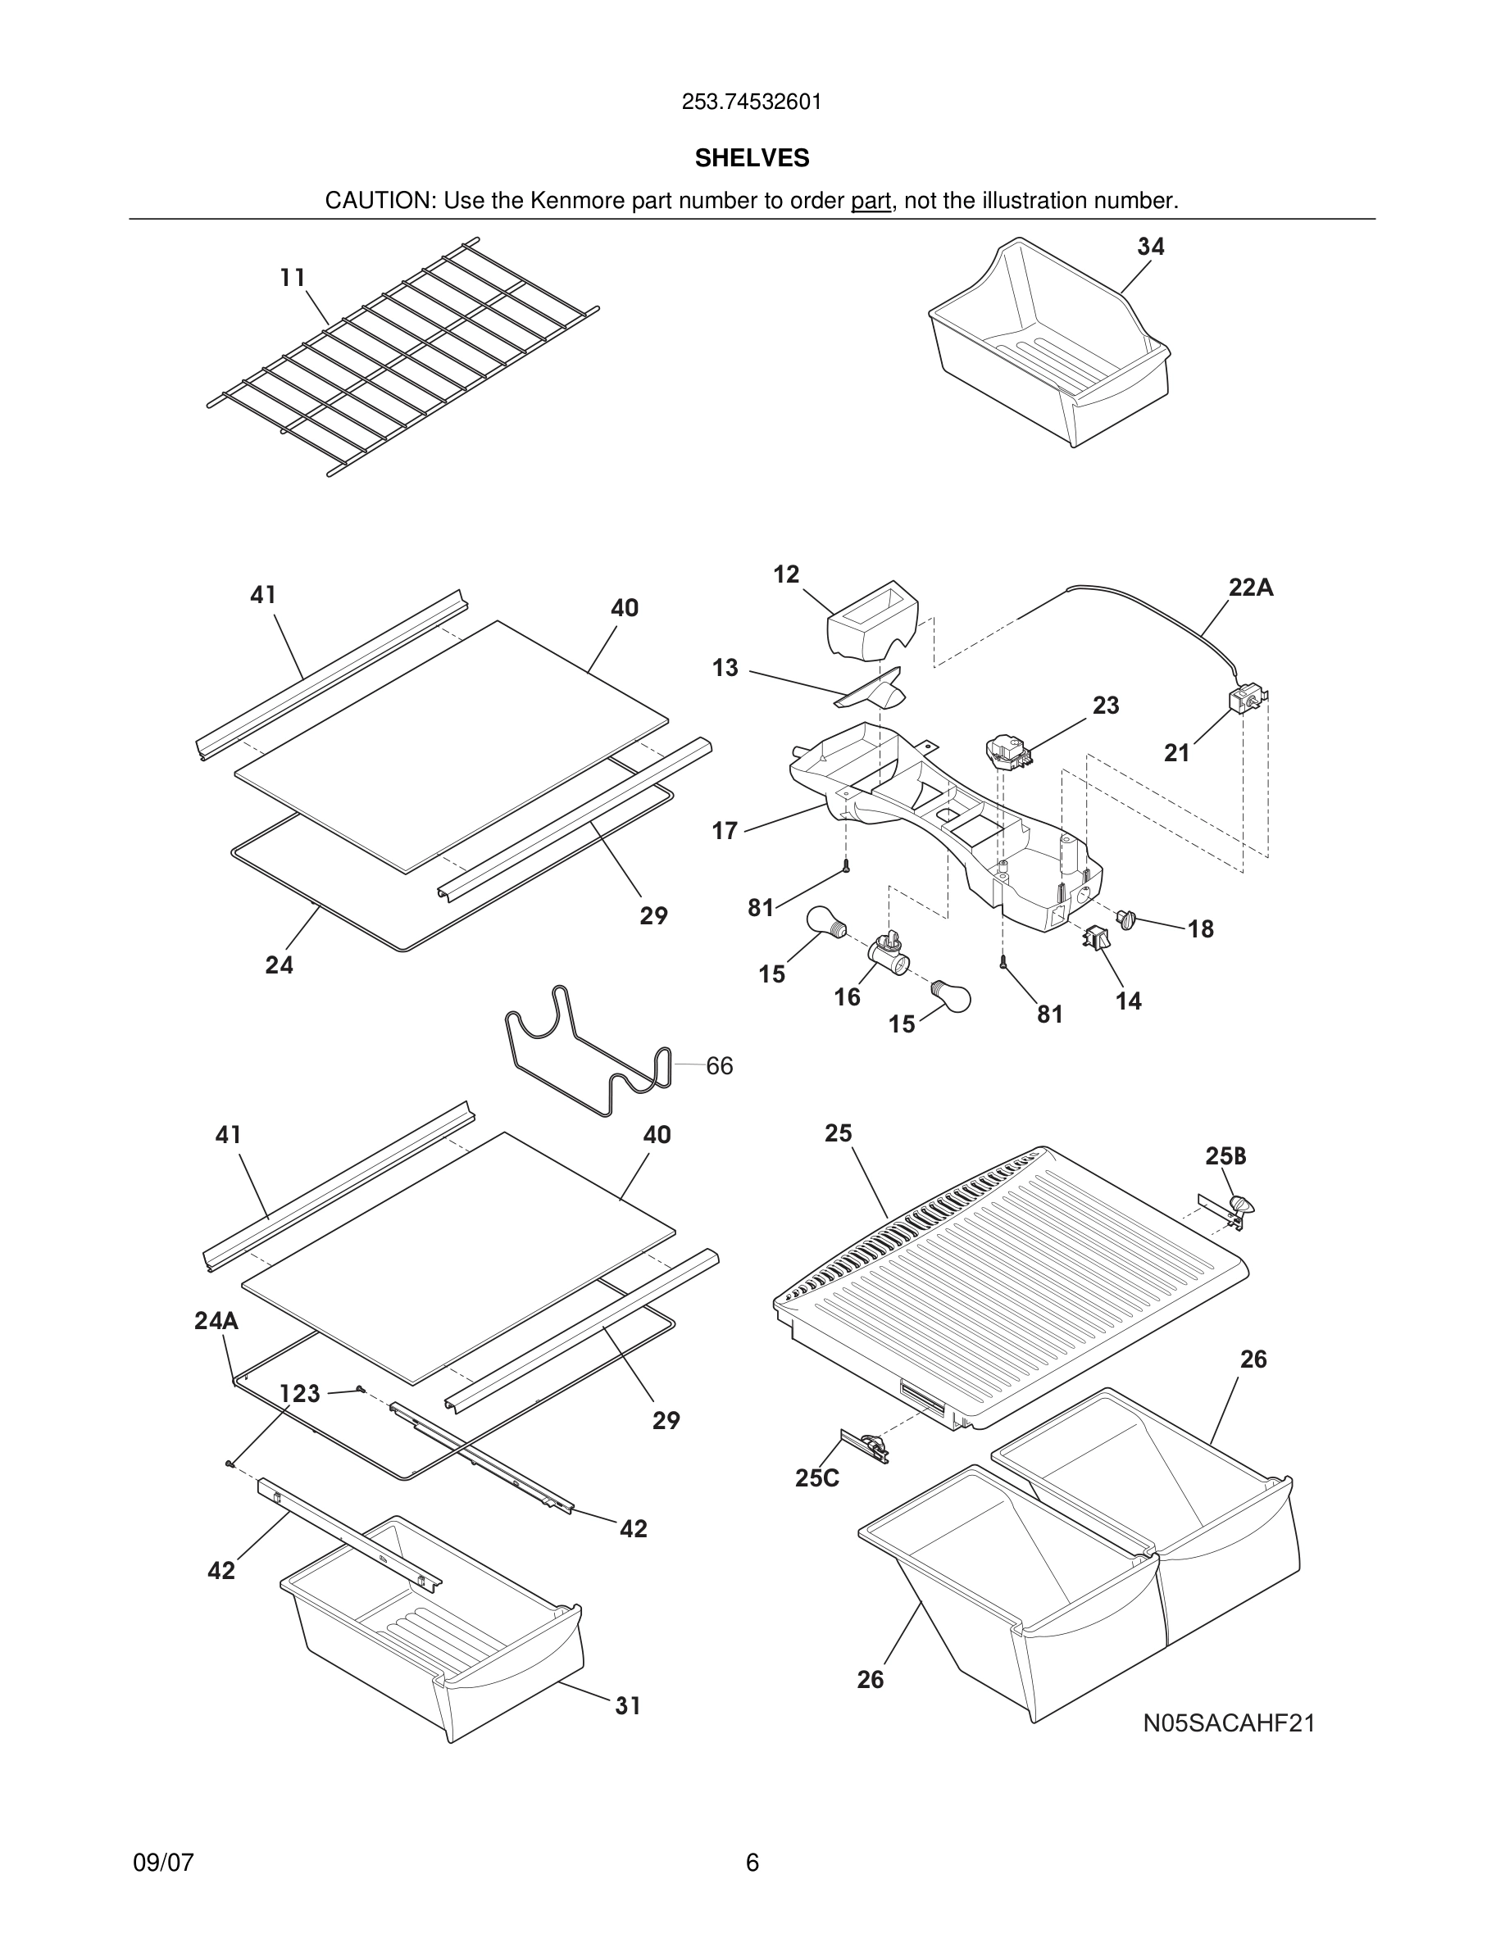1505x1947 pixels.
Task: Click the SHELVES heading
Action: pos(752,158)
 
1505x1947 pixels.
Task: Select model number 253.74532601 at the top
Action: pos(752,102)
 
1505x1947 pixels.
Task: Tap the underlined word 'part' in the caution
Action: pos(871,201)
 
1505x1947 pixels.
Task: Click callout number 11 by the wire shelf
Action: pos(293,277)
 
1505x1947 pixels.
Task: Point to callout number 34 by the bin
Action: pos(1150,246)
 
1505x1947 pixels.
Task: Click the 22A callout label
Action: pos(1250,588)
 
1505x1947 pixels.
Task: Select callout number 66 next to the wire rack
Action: pos(720,1065)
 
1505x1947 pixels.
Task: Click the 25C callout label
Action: pos(816,1478)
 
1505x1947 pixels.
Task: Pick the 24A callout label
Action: pos(216,1320)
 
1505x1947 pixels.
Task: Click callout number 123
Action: pos(299,1393)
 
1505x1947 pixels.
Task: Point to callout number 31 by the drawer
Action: pos(628,1705)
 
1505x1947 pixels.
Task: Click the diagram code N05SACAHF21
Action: pos(1229,1723)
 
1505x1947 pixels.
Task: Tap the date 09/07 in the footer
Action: pos(163,1863)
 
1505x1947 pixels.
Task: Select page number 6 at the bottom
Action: pos(752,1863)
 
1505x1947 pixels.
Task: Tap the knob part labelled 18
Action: pos(1127,919)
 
